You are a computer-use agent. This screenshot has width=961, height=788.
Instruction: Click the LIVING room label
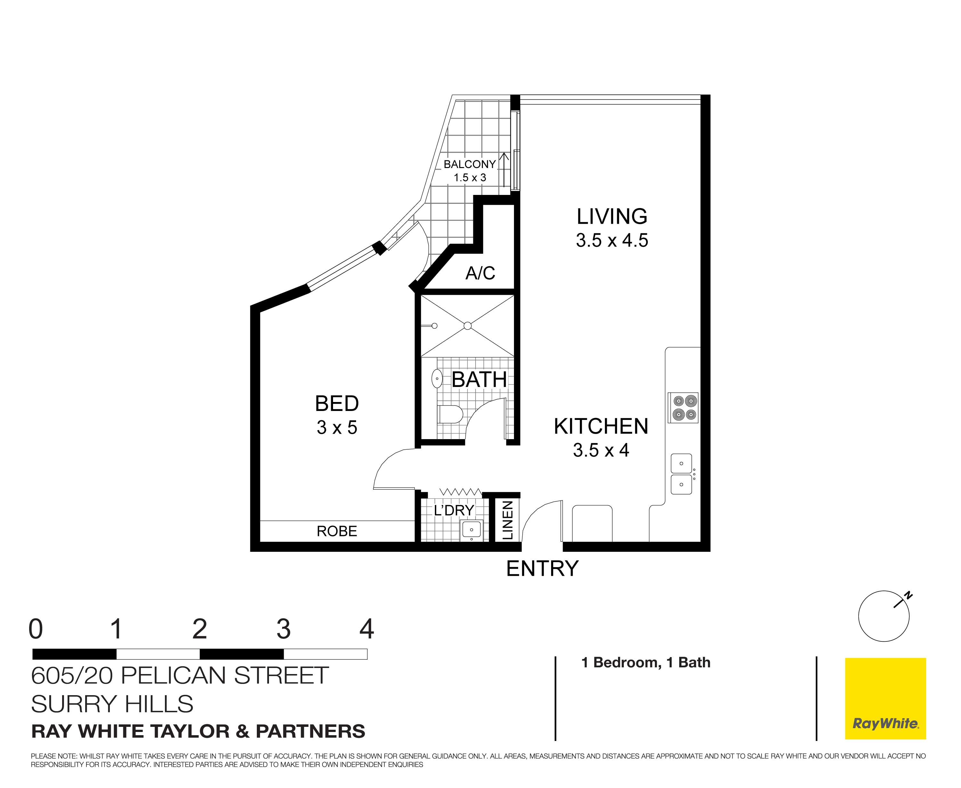(x=612, y=216)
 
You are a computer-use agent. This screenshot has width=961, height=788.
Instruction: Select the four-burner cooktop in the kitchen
(x=683, y=408)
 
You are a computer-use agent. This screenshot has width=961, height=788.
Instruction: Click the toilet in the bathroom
(x=450, y=414)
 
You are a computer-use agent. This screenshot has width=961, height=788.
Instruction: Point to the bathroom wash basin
(x=437, y=378)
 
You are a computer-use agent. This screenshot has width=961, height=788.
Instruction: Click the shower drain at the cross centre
(x=467, y=326)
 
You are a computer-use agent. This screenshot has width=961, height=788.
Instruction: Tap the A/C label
(x=480, y=273)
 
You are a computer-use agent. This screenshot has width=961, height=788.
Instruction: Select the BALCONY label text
(x=469, y=164)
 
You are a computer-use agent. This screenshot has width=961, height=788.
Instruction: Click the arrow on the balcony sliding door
(x=504, y=170)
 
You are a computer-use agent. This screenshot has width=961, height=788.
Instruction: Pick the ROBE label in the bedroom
(x=337, y=531)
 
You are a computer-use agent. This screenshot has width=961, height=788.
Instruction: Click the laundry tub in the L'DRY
(x=471, y=530)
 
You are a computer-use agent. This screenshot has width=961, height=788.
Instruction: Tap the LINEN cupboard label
(x=507, y=520)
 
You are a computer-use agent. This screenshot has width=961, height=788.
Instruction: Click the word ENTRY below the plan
(x=542, y=568)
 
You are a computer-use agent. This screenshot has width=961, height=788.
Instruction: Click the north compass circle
(x=883, y=616)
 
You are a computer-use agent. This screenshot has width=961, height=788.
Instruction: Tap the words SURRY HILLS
(x=112, y=704)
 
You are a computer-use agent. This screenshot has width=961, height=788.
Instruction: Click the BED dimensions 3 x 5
(x=337, y=428)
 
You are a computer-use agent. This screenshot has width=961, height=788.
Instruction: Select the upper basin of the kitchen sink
(x=681, y=463)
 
